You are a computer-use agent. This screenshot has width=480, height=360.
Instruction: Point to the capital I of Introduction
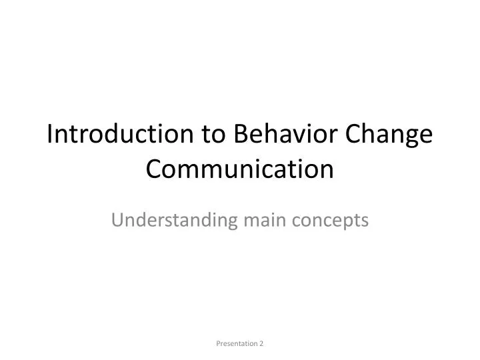51,136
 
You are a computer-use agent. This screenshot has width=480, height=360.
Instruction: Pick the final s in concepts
365,221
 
